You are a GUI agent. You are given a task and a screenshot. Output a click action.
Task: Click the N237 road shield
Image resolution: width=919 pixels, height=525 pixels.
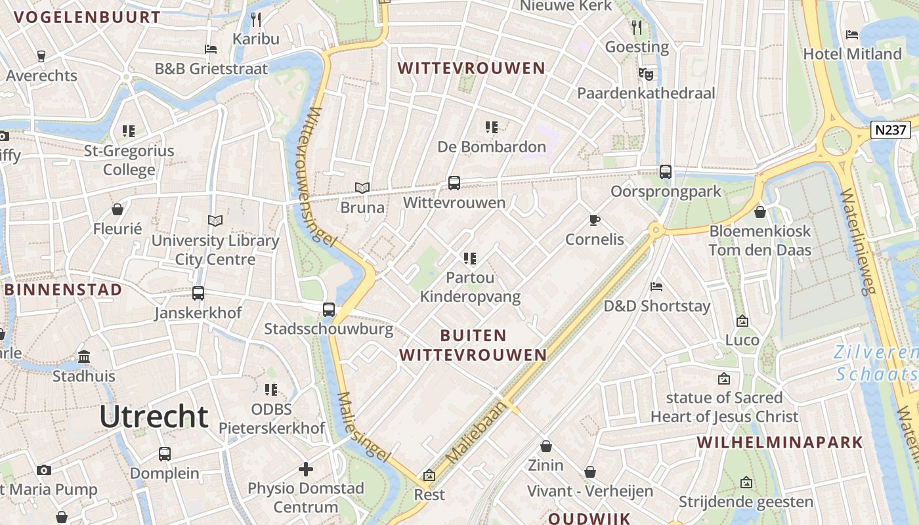click(x=891, y=130)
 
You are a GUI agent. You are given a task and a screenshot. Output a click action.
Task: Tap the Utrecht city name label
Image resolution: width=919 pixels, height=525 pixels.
click(x=154, y=417)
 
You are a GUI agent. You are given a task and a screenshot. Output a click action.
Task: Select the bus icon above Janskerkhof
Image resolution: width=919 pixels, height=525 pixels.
click(x=198, y=293)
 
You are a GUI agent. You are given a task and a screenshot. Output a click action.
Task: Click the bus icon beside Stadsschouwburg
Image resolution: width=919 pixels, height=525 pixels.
click(x=329, y=309)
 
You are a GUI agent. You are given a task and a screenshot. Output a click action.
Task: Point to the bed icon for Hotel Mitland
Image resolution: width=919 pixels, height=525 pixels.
click(x=852, y=35)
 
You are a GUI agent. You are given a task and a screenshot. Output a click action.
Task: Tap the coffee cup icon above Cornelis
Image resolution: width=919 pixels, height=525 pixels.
click(x=595, y=220)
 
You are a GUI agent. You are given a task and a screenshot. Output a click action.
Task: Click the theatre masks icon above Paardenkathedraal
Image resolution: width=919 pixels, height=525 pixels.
click(x=646, y=74)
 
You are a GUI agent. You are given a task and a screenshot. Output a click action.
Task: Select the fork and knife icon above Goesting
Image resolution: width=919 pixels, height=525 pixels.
click(x=637, y=27)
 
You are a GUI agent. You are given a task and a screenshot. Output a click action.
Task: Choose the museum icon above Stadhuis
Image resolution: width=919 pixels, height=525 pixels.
click(x=84, y=357)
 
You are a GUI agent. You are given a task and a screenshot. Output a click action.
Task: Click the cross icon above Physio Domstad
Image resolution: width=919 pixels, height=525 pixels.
click(x=305, y=469)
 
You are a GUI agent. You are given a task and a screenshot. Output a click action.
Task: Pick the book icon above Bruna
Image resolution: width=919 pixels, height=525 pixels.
click(x=362, y=188)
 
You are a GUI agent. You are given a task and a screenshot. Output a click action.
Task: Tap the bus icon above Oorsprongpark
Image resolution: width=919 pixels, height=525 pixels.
click(x=666, y=172)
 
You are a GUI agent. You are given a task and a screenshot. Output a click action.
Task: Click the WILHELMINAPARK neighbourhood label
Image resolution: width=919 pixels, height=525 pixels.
click(x=780, y=442)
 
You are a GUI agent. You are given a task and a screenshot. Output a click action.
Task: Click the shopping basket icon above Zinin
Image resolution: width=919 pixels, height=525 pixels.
click(x=546, y=447)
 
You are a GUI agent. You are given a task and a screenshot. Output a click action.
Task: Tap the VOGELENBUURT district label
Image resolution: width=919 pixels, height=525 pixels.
click(x=83, y=18)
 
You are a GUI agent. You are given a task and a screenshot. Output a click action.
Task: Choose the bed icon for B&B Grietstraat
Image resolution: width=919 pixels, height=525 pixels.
click(x=211, y=49)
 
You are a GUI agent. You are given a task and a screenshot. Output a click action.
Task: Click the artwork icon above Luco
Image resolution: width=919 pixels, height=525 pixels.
click(x=742, y=321)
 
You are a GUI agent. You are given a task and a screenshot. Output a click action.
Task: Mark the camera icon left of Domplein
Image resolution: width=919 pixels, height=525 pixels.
click(x=44, y=470)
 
